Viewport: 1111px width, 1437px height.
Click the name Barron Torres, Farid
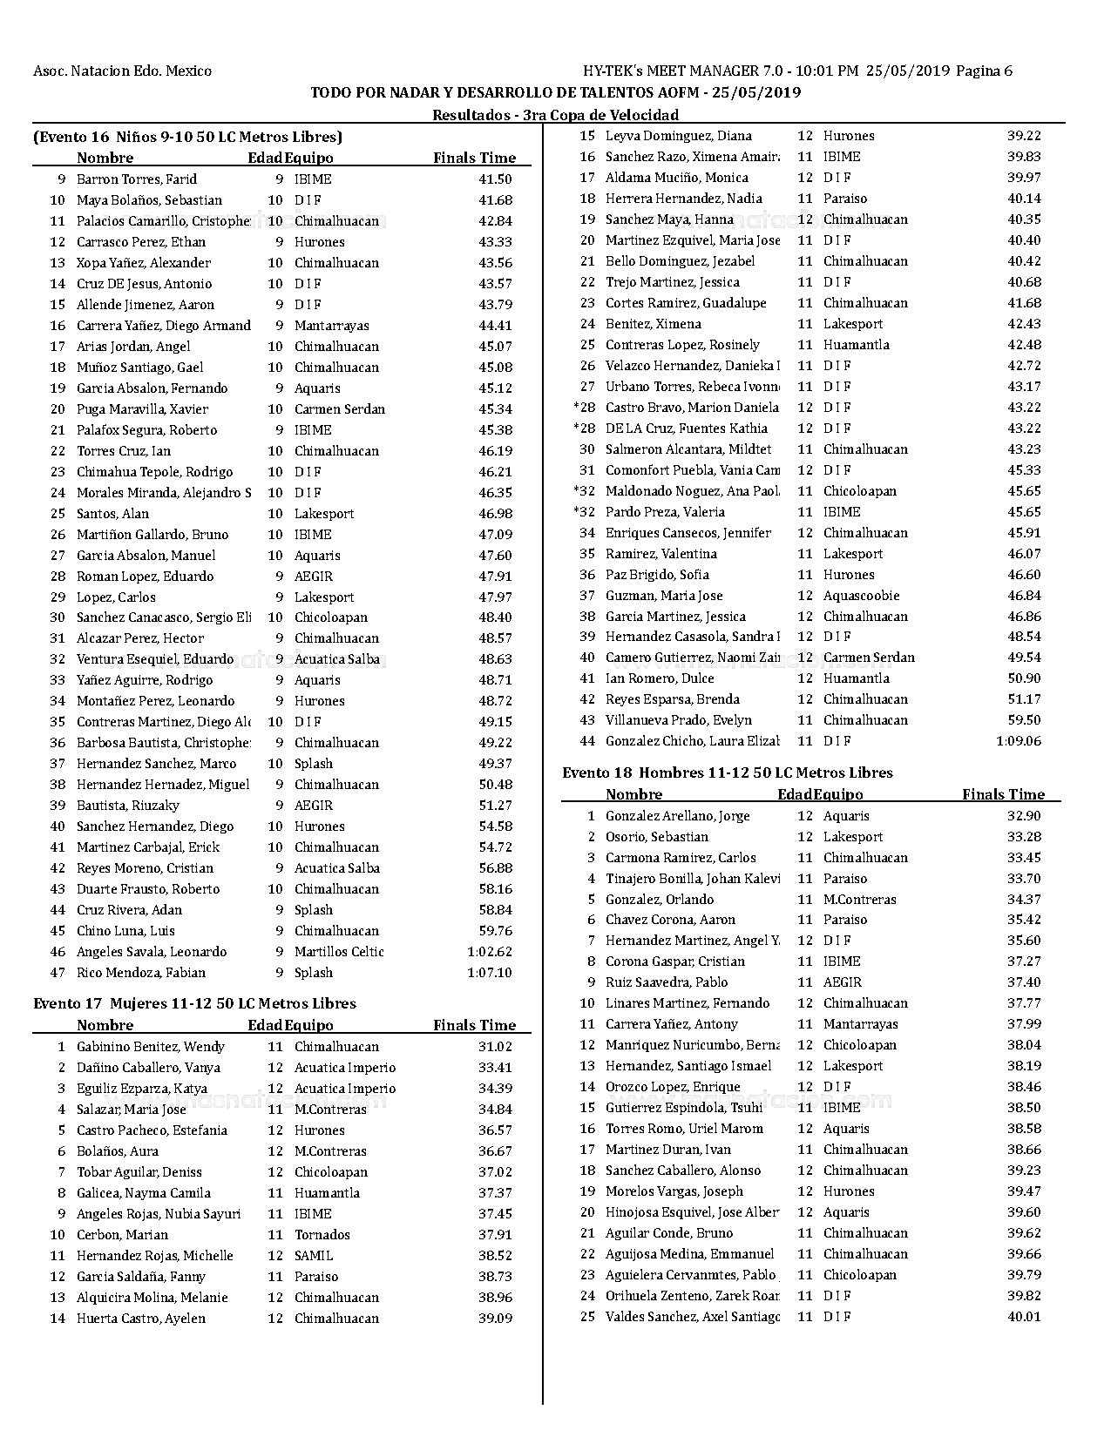(x=137, y=179)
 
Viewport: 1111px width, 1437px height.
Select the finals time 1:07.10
(x=489, y=973)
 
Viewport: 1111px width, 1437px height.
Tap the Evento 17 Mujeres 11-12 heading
(x=194, y=1003)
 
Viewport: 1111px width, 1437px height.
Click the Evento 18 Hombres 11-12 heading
(x=727, y=772)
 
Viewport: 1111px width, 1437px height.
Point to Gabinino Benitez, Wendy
(x=150, y=1047)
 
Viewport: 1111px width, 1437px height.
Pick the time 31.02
(x=495, y=1047)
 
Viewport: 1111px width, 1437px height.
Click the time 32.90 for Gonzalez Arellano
(x=1024, y=816)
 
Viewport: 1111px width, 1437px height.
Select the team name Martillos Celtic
(x=339, y=952)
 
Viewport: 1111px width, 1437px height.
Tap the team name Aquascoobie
(x=861, y=596)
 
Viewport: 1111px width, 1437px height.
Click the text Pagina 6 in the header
(x=985, y=71)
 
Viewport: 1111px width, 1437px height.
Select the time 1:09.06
(x=1018, y=741)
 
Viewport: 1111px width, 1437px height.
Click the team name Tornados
(x=322, y=1235)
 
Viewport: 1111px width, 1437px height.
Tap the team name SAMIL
(x=314, y=1256)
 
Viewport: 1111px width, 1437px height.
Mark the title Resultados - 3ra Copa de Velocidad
(x=555, y=115)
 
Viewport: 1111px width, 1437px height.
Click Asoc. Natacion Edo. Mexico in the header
(x=122, y=71)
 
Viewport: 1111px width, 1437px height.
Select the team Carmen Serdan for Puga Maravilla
(x=339, y=409)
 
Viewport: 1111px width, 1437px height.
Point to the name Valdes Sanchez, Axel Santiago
(x=692, y=1317)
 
